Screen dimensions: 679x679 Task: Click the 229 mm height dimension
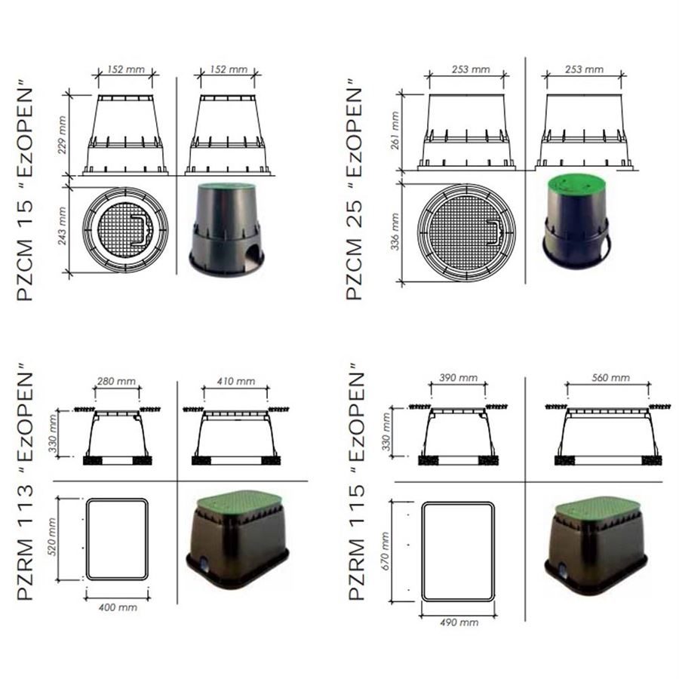[63, 135]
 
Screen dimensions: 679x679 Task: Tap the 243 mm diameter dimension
[63, 226]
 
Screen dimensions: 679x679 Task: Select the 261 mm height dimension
[395, 131]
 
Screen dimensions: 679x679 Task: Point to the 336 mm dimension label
[395, 232]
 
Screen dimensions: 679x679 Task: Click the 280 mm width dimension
[116, 381]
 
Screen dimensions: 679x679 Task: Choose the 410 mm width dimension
[236, 381]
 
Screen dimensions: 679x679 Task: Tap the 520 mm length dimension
[51, 537]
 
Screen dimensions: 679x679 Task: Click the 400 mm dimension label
[118, 607]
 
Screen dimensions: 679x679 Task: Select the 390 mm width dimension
[458, 378]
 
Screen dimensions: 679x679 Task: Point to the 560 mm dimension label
[610, 378]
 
